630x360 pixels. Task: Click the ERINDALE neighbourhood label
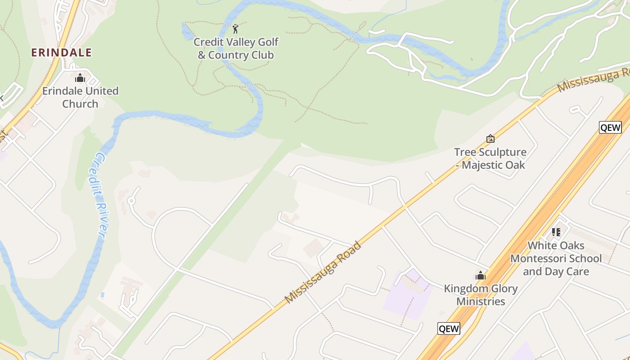pyautogui.click(x=61, y=53)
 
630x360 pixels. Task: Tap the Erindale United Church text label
pyautogui.click(x=80, y=97)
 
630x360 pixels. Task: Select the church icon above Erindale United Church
pyautogui.click(x=80, y=78)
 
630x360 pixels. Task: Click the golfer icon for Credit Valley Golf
pyautogui.click(x=235, y=29)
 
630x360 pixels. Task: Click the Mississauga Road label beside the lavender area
pyautogui.click(x=323, y=272)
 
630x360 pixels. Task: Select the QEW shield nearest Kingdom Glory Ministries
pyautogui.click(x=449, y=328)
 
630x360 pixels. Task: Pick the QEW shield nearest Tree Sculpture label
pyautogui.click(x=610, y=127)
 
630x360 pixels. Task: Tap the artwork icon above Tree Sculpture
pyautogui.click(x=490, y=139)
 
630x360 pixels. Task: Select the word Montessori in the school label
pyautogui.click(x=556, y=259)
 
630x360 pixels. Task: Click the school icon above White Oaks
pyautogui.click(x=556, y=232)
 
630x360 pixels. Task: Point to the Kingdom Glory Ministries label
pyautogui.click(x=481, y=295)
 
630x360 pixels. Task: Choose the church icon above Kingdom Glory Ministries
pyautogui.click(x=481, y=275)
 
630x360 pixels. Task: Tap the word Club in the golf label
pyautogui.click(x=261, y=55)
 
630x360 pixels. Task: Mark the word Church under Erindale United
pyautogui.click(x=80, y=104)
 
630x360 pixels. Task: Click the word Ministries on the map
pyautogui.click(x=481, y=301)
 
